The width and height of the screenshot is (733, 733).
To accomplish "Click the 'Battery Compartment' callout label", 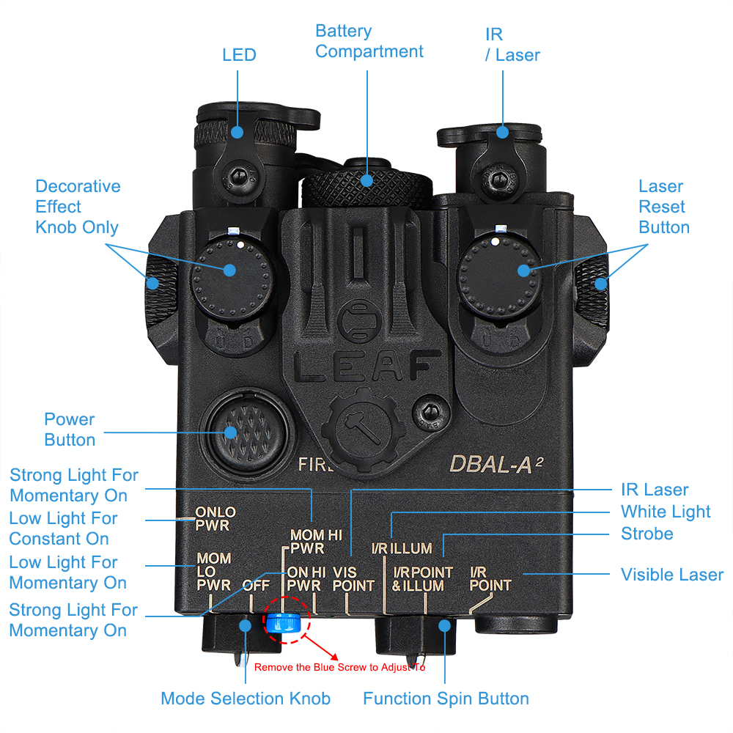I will (369, 42).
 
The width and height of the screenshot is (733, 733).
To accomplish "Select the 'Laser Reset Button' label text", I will (663, 207).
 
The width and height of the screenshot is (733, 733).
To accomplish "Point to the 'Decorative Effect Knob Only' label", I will (77, 207).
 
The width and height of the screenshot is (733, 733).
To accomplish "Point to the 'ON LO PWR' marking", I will (215, 519).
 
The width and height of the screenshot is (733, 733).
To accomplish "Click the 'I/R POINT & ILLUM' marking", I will (421, 579).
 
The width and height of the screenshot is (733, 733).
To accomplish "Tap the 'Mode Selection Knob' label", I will (245, 699).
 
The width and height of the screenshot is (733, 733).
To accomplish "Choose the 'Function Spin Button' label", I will (446, 699).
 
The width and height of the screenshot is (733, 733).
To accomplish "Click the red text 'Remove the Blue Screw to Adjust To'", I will (339, 667).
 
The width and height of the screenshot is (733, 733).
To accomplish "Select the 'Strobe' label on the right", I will (647, 534).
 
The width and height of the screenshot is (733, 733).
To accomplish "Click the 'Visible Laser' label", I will (671, 575).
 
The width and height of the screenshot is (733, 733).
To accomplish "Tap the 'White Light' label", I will (666, 512).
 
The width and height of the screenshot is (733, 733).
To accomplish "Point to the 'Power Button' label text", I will (70, 430).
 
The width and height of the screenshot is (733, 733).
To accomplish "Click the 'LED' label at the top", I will (239, 55).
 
